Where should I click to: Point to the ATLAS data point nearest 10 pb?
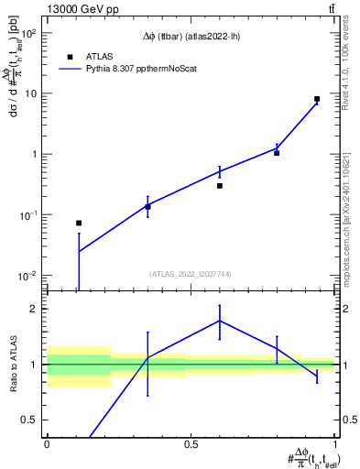(317, 99)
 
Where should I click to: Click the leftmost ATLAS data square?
(79, 223)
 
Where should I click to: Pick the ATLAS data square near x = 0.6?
(220, 185)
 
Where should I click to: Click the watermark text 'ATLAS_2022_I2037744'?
(191, 274)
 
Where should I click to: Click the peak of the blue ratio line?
(220, 321)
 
